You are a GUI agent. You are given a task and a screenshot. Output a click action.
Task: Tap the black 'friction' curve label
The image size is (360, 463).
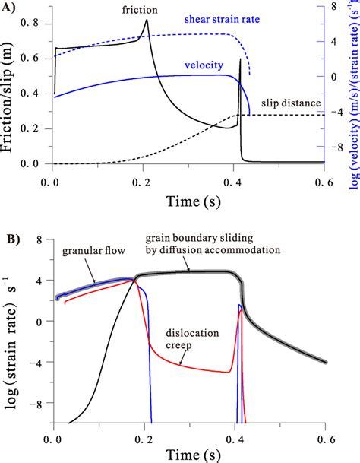139,10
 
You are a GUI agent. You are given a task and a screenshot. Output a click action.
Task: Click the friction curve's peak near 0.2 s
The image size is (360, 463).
147,21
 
